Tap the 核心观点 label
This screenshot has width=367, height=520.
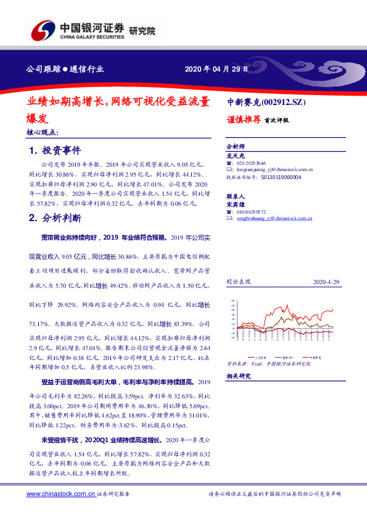click(x=43, y=132)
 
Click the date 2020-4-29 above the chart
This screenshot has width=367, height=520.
click(x=326, y=282)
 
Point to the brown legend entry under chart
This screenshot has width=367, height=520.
click(x=287, y=357)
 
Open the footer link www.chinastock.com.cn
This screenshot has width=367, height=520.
click(x=61, y=494)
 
